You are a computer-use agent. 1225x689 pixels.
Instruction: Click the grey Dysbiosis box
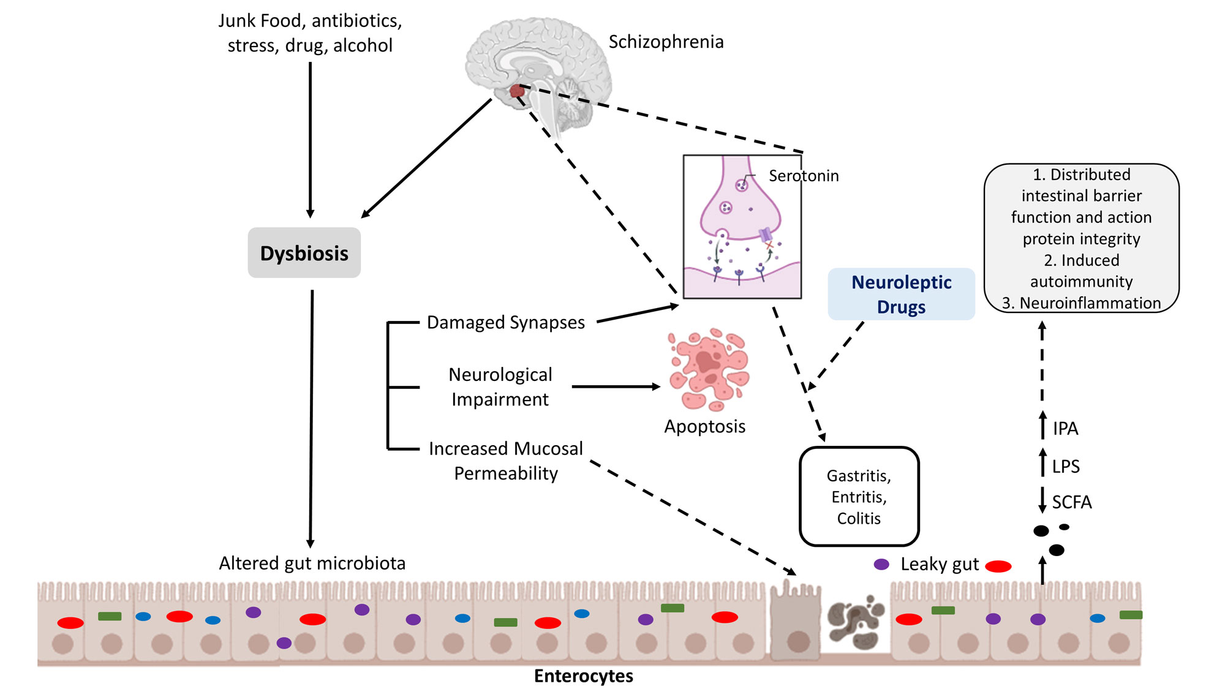pos(304,253)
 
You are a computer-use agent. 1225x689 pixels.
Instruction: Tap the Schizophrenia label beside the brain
pos(666,42)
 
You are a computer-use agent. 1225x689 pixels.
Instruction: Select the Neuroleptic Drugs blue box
pos(901,294)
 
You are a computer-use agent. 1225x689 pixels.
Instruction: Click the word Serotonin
pos(804,176)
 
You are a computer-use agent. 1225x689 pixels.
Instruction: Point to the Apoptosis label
pos(705,426)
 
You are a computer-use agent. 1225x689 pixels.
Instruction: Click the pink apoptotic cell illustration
pos(709,369)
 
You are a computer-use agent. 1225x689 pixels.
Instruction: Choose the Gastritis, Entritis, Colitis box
pos(859,497)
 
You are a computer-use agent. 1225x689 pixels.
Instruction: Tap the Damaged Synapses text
pos(505,322)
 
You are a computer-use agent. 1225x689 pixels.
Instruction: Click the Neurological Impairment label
pos(500,386)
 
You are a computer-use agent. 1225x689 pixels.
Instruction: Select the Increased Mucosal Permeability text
pos(506,461)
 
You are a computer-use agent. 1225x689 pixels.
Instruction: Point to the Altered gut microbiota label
pos(312,563)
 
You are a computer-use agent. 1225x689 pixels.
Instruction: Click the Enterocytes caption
pos(583,676)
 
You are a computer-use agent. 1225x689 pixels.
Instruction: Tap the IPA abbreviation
pos(1065,428)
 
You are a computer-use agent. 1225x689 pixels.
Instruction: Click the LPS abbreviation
pos(1066,466)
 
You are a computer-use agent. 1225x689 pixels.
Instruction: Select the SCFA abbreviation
pos(1072,502)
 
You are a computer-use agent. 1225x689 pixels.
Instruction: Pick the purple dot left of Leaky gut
pos(881,564)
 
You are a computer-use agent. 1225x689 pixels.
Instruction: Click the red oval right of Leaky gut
pos(998,566)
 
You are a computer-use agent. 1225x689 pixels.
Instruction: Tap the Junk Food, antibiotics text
pos(310,21)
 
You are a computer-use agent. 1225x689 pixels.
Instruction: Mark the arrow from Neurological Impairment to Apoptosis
pos(616,386)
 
